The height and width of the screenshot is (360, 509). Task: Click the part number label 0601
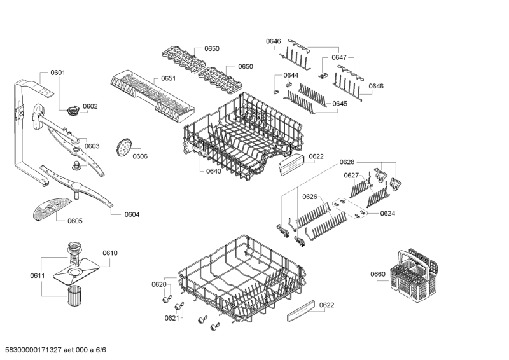coord(57,73)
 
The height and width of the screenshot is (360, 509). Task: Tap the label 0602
coord(90,106)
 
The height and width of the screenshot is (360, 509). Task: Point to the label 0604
coord(132,214)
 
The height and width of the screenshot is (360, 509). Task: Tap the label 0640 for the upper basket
coord(214,170)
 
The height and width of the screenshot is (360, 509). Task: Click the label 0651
coord(169,78)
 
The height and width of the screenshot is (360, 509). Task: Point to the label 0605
coord(74,221)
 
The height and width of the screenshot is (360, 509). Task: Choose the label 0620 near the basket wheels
coord(159,284)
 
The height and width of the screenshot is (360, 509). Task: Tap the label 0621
coord(172,318)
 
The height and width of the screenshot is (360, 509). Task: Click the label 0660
coord(378,274)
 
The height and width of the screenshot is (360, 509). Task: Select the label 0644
coord(291,75)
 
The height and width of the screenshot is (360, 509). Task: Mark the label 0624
coord(388,214)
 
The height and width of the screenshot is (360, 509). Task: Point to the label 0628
coord(347,162)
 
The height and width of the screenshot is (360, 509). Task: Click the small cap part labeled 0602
coord(73,113)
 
